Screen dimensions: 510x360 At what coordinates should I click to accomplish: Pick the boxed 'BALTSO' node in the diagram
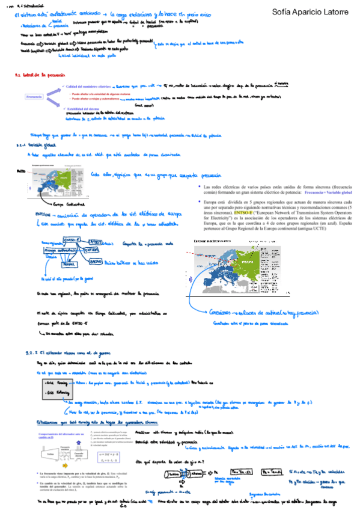(96, 262)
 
